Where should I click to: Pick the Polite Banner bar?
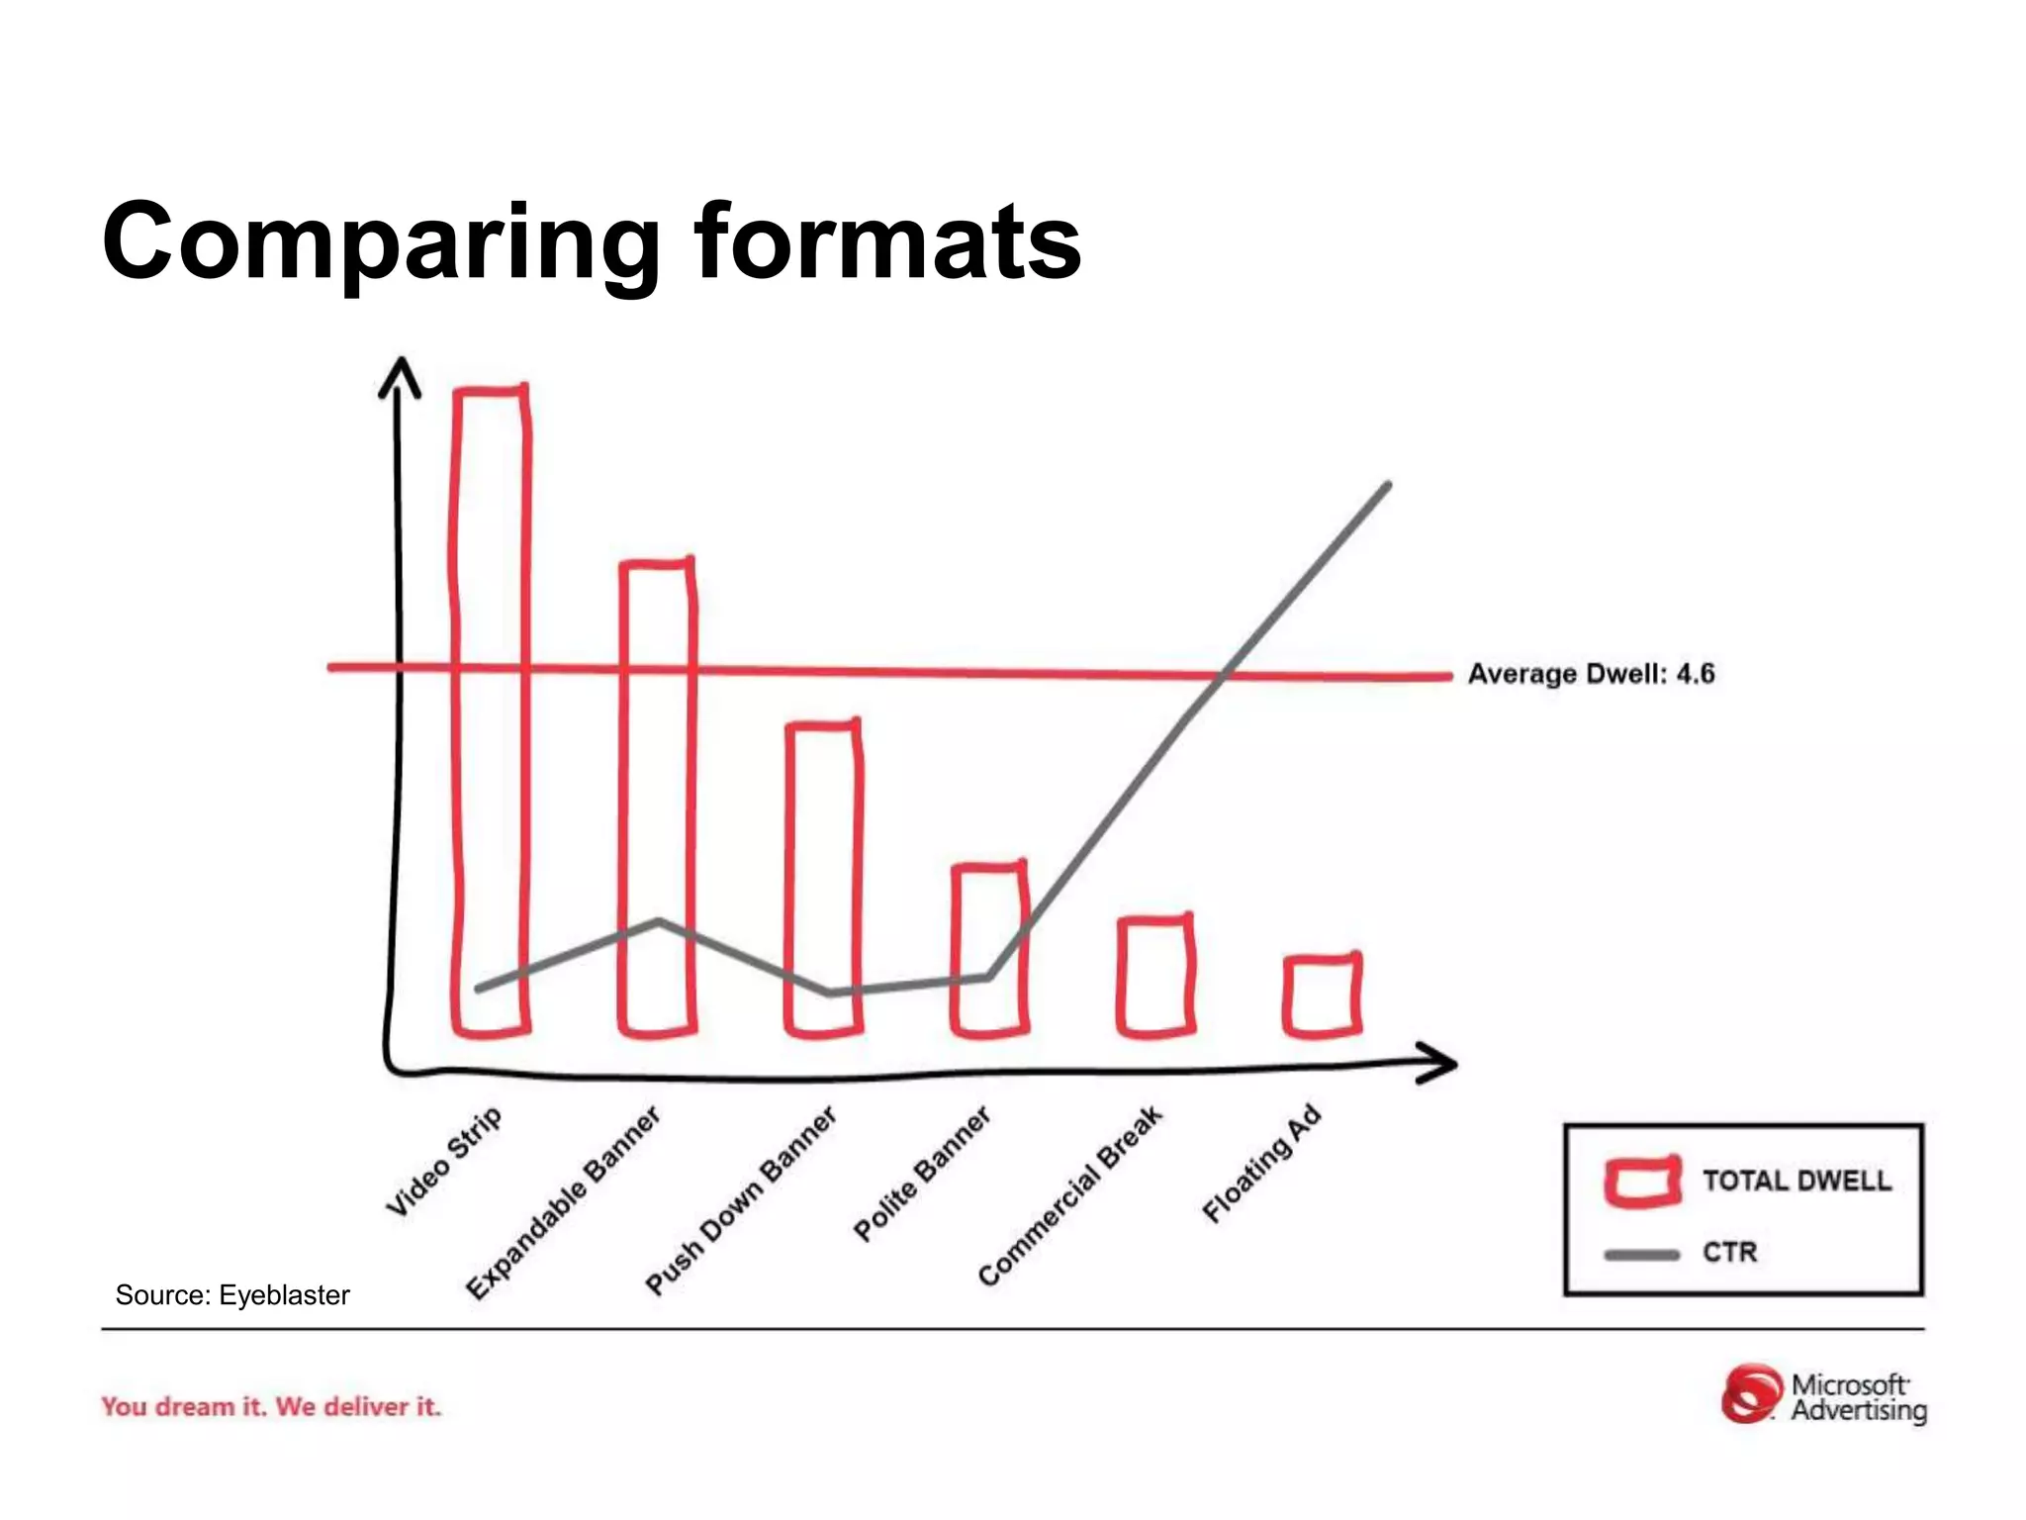(x=989, y=950)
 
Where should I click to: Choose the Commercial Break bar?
(x=1155, y=976)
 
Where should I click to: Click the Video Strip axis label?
(x=444, y=1160)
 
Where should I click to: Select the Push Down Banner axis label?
(x=741, y=1199)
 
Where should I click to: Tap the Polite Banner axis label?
(x=921, y=1174)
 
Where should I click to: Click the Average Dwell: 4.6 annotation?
(x=1591, y=674)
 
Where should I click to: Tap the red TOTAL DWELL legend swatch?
(x=1642, y=1182)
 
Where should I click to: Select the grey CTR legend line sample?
(x=1642, y=1255)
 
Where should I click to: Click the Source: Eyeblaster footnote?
(x=232, y=1295)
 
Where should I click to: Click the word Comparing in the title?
(x=381, y=242)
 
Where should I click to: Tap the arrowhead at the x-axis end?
(x=1439, y=1063)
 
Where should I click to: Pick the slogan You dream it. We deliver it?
(x=271, y=1406)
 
